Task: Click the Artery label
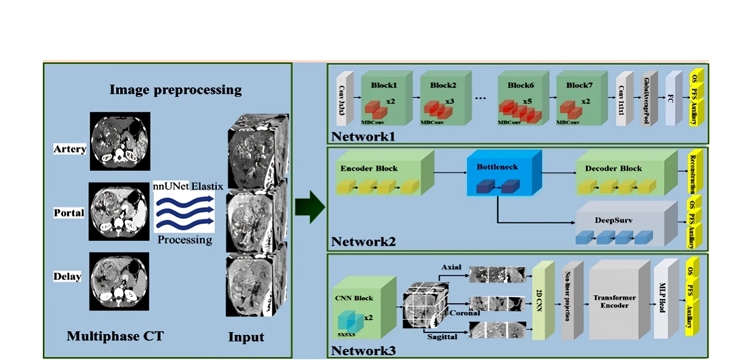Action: pos(70,149)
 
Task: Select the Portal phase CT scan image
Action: pos(119,211)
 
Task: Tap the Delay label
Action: pos(67,276)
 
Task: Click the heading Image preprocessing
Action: pos(175,90)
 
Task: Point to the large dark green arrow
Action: pos(310,207)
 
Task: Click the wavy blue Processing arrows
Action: pos(184,212)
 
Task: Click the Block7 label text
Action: pos(579,85)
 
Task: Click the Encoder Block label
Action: pos(369,168)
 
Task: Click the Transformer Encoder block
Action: pos(615,301)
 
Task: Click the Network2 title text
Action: pos(363,242)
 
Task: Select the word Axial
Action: pos(451,267)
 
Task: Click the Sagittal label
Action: pos(442,337)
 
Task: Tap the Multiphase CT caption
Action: pos(115,336)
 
